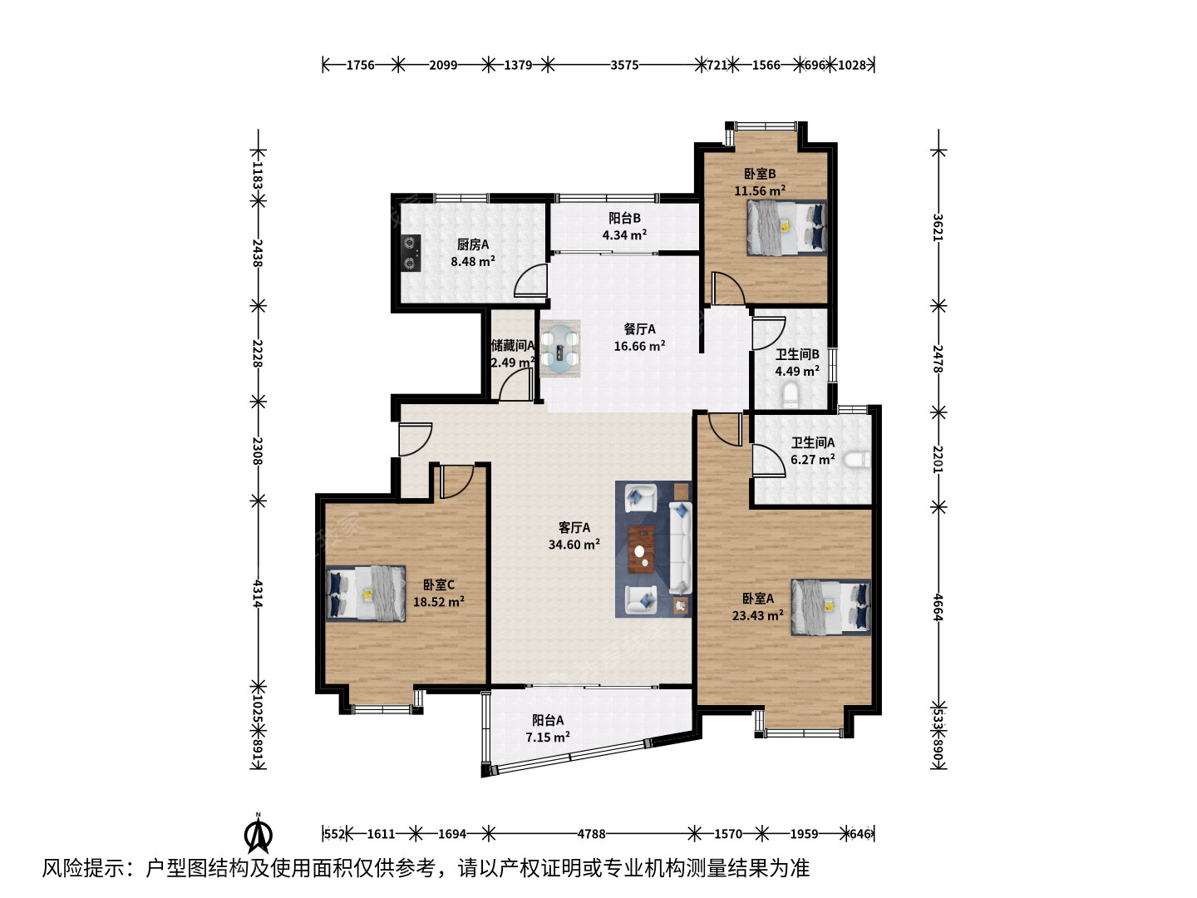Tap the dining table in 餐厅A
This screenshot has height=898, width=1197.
560,349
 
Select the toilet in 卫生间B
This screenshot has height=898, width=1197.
790,394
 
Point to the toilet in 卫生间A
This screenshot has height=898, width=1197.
857,460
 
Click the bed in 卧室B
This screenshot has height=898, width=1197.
786,227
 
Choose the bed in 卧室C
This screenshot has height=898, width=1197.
366,593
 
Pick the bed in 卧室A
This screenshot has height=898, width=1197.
830,607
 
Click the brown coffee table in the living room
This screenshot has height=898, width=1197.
641,550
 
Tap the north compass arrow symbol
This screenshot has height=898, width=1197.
259,833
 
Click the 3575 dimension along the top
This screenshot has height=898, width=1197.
624,66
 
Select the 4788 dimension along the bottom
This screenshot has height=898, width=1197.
592,834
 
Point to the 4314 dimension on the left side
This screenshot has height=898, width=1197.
258,594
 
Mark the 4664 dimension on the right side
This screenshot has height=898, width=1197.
938,607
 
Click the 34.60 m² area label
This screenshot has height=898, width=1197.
574,544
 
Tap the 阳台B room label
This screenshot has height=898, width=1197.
624,218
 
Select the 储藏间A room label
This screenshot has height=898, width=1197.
513,346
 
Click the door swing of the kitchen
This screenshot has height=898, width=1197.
530,280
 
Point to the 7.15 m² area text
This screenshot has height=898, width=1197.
548,738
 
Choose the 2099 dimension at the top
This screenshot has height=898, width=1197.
443,66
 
